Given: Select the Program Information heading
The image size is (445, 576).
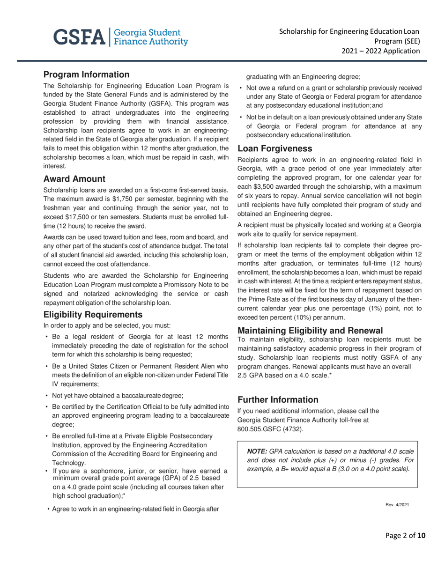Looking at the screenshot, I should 86,74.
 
